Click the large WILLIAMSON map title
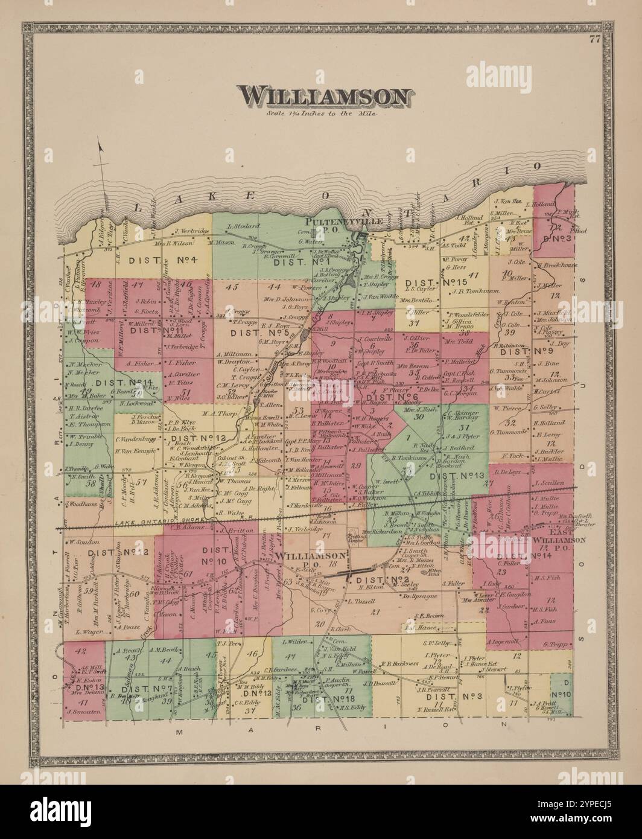[326, 97]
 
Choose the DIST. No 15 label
[437, 282]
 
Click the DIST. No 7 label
[153, 689]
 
